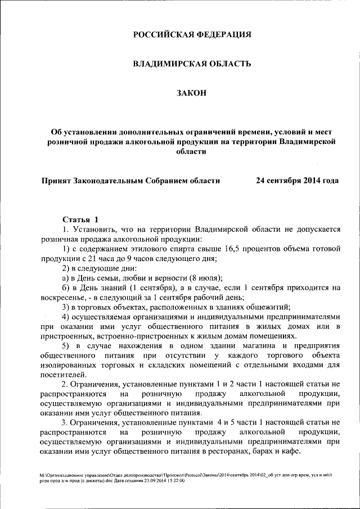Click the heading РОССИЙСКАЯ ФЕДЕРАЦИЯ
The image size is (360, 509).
click(x=191, y=35)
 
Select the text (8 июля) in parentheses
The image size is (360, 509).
click(x=205, y=278)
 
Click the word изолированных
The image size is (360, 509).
click(x=69, y=365)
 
